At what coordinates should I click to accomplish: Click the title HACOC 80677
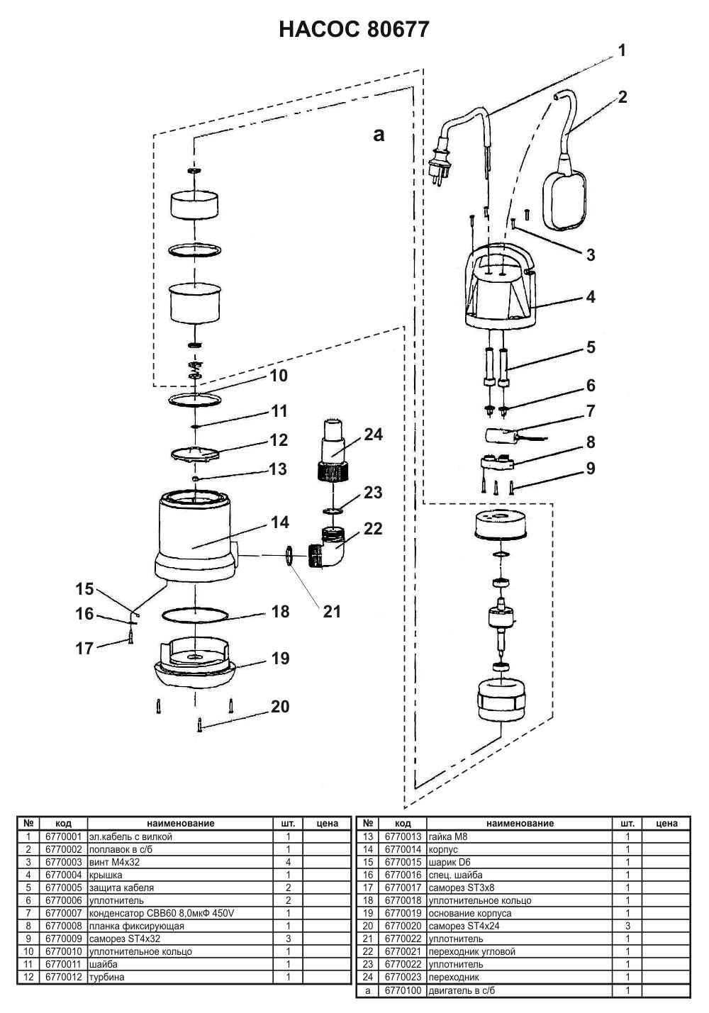[x=354, y=30]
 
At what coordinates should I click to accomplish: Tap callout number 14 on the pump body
[x=280, y=522]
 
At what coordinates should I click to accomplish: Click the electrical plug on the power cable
[x=440, y=165]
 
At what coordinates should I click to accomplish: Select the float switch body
[x=565, y=201]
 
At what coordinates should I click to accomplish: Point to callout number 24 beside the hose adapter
[x=374, y=435]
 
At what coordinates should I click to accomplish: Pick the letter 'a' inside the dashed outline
[x=379, y=134]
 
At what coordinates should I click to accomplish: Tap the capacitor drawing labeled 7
[x=499, y=436]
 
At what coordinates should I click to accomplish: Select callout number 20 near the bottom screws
[x=280, y=706]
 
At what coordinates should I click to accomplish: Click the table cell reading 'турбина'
[x=107, y=977]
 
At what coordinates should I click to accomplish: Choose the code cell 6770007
[x=64, y=913]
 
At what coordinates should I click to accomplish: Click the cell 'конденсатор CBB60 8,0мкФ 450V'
[x=162, y=913]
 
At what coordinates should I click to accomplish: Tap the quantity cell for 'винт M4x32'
[x=289, y=862]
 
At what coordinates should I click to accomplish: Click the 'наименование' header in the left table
[x=181, y=824]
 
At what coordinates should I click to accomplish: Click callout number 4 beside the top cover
[x=591, y=297]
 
